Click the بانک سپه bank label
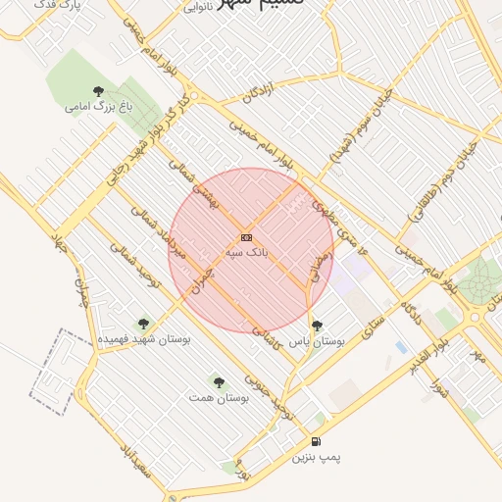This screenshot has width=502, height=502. [246, 252]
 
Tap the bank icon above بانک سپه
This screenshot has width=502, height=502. [246, 237]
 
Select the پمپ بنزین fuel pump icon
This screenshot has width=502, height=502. [316, 441]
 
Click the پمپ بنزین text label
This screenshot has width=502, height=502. [316, 457]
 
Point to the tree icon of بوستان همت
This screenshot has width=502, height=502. [219, 381]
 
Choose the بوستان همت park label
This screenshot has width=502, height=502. [219, 398]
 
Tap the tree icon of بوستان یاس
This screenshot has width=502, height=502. [316, 325]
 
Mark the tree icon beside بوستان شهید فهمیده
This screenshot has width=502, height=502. [143, 323]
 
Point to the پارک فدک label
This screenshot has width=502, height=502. [84, 5]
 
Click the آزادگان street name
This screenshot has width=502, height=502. [261, 94]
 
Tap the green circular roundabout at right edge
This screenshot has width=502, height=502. [480, 283]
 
